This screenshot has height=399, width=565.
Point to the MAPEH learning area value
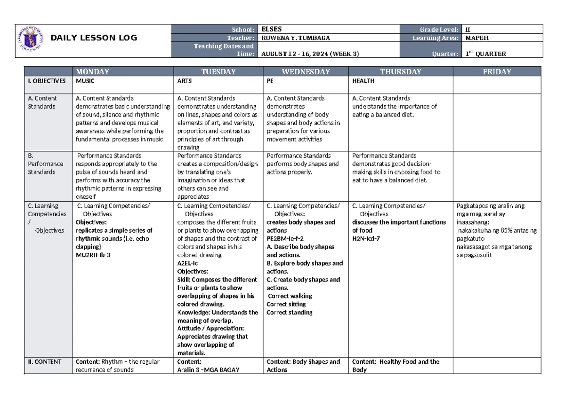476,37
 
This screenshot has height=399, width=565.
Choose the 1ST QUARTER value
485,54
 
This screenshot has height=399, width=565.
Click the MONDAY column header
93,72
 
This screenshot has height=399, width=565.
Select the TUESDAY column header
218,72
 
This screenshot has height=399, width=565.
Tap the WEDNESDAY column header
306,72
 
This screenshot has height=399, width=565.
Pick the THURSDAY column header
400,72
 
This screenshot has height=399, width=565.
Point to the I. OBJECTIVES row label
46,81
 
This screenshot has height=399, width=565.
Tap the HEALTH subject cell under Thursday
363,81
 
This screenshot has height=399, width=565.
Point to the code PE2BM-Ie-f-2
285,238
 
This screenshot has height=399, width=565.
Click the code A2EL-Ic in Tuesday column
188,263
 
